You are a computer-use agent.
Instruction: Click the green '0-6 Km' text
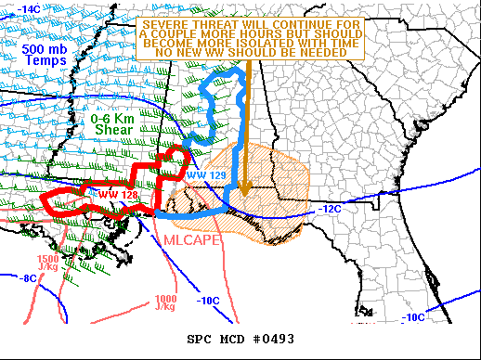coord(114,119)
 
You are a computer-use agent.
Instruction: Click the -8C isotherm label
coord(29,277)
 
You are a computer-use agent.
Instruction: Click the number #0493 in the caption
coord(274,339)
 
